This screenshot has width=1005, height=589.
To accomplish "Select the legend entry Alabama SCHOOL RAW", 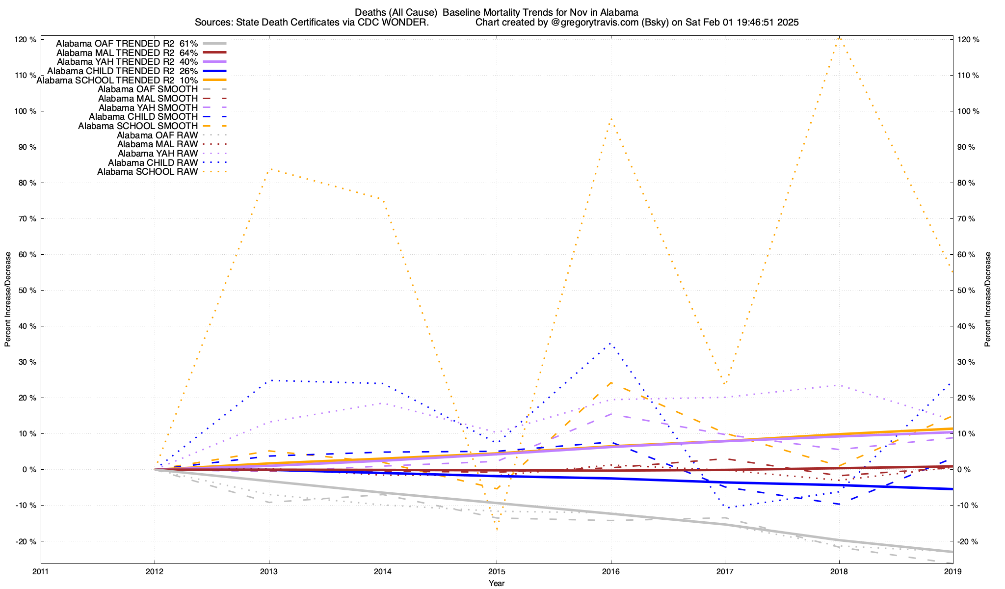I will pyautogui.click(x=148, y=172).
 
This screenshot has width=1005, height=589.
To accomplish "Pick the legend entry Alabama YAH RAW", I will pyautogui.click(x=158, y=154).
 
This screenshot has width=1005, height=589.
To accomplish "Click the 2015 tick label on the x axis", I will pyautogui.click(x=497, y=571).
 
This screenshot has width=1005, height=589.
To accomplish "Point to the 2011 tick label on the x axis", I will pyautogui.click(x=41, y=571).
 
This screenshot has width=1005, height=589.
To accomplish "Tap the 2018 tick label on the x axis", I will pyautogui.click(x=839, y=571).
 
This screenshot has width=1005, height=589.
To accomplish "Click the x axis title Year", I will pyautogui.click(x=497, y=583).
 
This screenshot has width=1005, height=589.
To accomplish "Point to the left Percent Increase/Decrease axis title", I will pyautogui.click(x=8, y=299).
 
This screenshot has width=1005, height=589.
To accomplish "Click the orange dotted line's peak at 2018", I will pyautogui.click(x=839, y=38).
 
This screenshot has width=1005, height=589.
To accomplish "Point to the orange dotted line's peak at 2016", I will pyautogui.click(x=610, y=118).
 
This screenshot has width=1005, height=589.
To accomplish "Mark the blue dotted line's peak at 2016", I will pyautogui.click(x=610, y=343).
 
